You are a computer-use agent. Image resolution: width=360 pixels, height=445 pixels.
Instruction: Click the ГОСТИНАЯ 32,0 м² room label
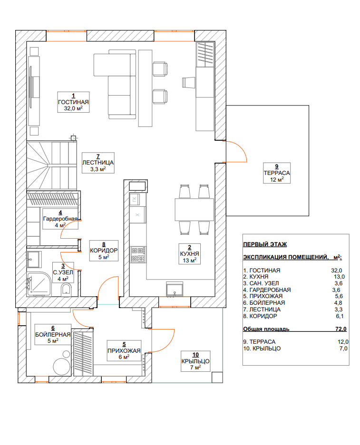pos(73,102)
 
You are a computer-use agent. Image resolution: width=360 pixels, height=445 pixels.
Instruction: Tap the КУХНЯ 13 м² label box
pos(189,254)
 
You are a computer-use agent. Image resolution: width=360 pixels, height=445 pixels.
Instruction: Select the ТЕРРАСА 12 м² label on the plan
pos(277,173)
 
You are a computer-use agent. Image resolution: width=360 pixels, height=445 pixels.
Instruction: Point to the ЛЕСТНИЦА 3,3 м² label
pos(98,163)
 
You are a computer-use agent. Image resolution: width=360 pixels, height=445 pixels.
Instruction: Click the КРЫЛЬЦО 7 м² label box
pos(195,361)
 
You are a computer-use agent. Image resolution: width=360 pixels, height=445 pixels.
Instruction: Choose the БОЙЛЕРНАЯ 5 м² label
pos(53,335)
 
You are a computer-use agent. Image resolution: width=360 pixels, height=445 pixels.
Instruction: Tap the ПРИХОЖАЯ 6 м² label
pos(124,350)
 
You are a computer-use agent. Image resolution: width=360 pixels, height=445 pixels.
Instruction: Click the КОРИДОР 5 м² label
pos(104,251)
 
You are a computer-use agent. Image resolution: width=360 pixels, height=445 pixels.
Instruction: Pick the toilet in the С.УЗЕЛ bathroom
pos(66,290)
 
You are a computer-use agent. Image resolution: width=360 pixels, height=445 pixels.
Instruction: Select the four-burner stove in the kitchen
pos(138,254)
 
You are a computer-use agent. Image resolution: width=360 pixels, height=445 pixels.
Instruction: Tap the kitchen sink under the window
pos(175,290)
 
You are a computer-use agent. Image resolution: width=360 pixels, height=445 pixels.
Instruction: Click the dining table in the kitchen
pos(194,210)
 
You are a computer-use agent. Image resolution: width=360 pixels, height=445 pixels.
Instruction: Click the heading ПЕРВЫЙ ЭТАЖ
pos(265,244)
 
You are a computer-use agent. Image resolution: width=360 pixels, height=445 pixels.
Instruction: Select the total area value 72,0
pos(341,329)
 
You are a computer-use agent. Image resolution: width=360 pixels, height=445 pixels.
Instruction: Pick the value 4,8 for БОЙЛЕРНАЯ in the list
pos(338,303)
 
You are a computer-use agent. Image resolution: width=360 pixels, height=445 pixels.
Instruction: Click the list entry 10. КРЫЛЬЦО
pos(262,348)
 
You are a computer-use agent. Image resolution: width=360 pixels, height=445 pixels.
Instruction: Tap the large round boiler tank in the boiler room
pos(62,367)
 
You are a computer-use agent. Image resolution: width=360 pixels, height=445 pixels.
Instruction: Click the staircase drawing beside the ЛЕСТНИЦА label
pos(52,165)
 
